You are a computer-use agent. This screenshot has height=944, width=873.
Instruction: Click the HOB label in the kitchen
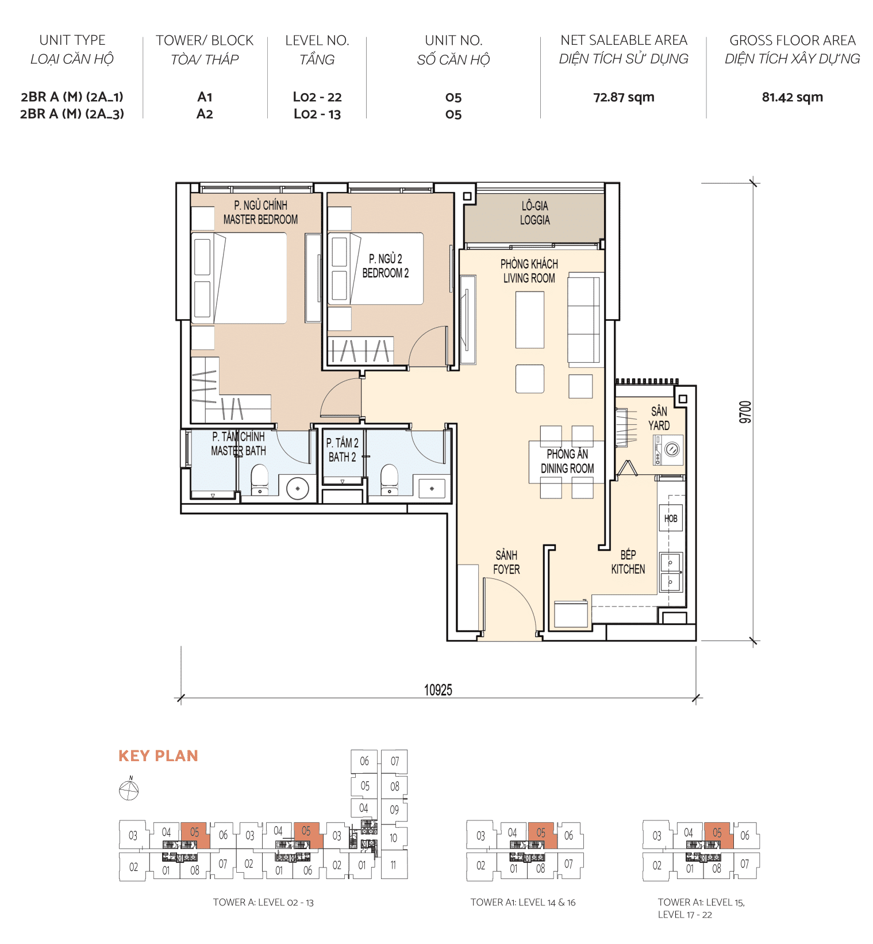[670, 519]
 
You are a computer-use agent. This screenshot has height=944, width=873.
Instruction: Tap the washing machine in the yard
[668, 450]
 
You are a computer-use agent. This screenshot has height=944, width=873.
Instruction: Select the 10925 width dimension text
[438, 690]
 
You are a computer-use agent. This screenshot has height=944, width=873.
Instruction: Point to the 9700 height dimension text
[745, 412]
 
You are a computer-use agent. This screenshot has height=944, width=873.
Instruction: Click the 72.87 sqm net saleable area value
[624, 97]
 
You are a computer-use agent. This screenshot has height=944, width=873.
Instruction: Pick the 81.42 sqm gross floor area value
[792, 97]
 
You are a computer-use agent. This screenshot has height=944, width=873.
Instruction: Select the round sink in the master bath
[298, 489]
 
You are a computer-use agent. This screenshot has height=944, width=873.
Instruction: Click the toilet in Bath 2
[390, 479]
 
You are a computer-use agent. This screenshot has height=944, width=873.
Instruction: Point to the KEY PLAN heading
[158, 756]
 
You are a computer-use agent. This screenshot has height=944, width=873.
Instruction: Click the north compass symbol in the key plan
[129, 790]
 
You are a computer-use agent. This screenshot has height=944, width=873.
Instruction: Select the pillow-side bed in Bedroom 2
[375, 268]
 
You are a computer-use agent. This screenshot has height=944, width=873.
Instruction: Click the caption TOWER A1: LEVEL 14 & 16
[522, 903]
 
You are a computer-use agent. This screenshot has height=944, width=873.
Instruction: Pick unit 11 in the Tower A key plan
[393, 865]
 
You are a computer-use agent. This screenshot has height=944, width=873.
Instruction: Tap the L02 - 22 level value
[317, 97]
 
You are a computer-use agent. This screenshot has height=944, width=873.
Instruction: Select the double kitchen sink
[670, 573]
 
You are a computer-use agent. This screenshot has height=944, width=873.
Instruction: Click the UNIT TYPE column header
[72, 40]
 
